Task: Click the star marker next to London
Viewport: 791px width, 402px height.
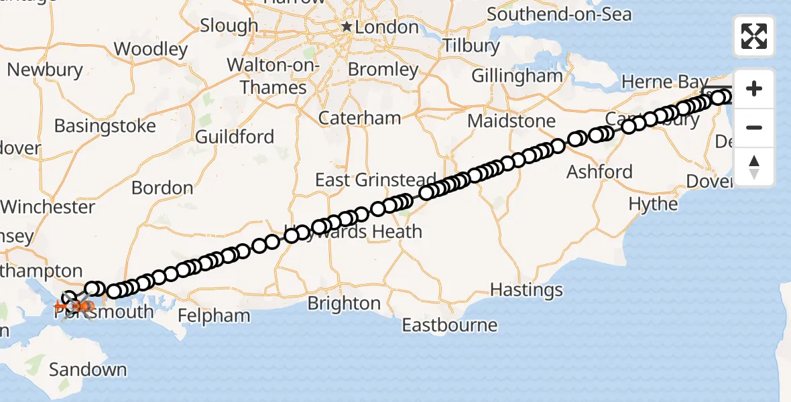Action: click(347, 27)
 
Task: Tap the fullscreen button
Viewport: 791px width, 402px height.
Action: click(754, 36)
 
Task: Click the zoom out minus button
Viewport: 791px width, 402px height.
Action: click(754, 127)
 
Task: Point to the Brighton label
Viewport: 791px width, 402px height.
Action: click(344, 304)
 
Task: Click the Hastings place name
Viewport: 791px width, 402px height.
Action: click(526, 290)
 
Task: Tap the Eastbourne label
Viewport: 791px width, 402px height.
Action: click(450, 326)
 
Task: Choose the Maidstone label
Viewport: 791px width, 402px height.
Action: click(511, 121)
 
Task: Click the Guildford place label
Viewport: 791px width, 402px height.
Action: click(235, 137)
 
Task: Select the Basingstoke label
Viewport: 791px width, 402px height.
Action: click(105, 126)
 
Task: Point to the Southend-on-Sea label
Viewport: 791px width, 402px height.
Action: click(559, 13)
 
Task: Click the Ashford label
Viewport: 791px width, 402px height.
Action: click(599, 172)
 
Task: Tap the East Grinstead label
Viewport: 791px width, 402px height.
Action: click(375, 180)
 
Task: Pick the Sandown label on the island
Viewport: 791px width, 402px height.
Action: click(88, 369)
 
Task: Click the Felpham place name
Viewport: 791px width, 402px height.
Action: click(215, 315)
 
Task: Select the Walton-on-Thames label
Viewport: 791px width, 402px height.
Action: click(273, 76)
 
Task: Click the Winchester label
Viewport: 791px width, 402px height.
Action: click(48, 206)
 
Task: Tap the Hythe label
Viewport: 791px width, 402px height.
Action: click(653, 204)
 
